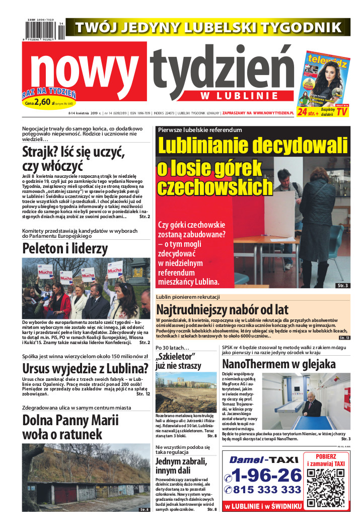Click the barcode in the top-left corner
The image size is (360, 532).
coord(42,30)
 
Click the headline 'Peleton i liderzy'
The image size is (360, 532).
coord(65,248)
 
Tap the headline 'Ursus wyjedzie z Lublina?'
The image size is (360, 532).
coord(85,367)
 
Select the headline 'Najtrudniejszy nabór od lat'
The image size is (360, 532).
coord(222,309)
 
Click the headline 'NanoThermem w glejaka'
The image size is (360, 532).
coord(278,364)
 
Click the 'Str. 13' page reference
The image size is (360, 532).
coord(344,338)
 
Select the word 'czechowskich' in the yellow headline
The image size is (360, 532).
coord(214,187)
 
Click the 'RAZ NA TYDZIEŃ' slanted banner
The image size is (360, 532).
coord(49,93)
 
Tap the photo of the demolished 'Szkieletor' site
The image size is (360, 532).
coord(186,392)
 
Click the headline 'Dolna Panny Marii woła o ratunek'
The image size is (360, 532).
coord(70,426)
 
